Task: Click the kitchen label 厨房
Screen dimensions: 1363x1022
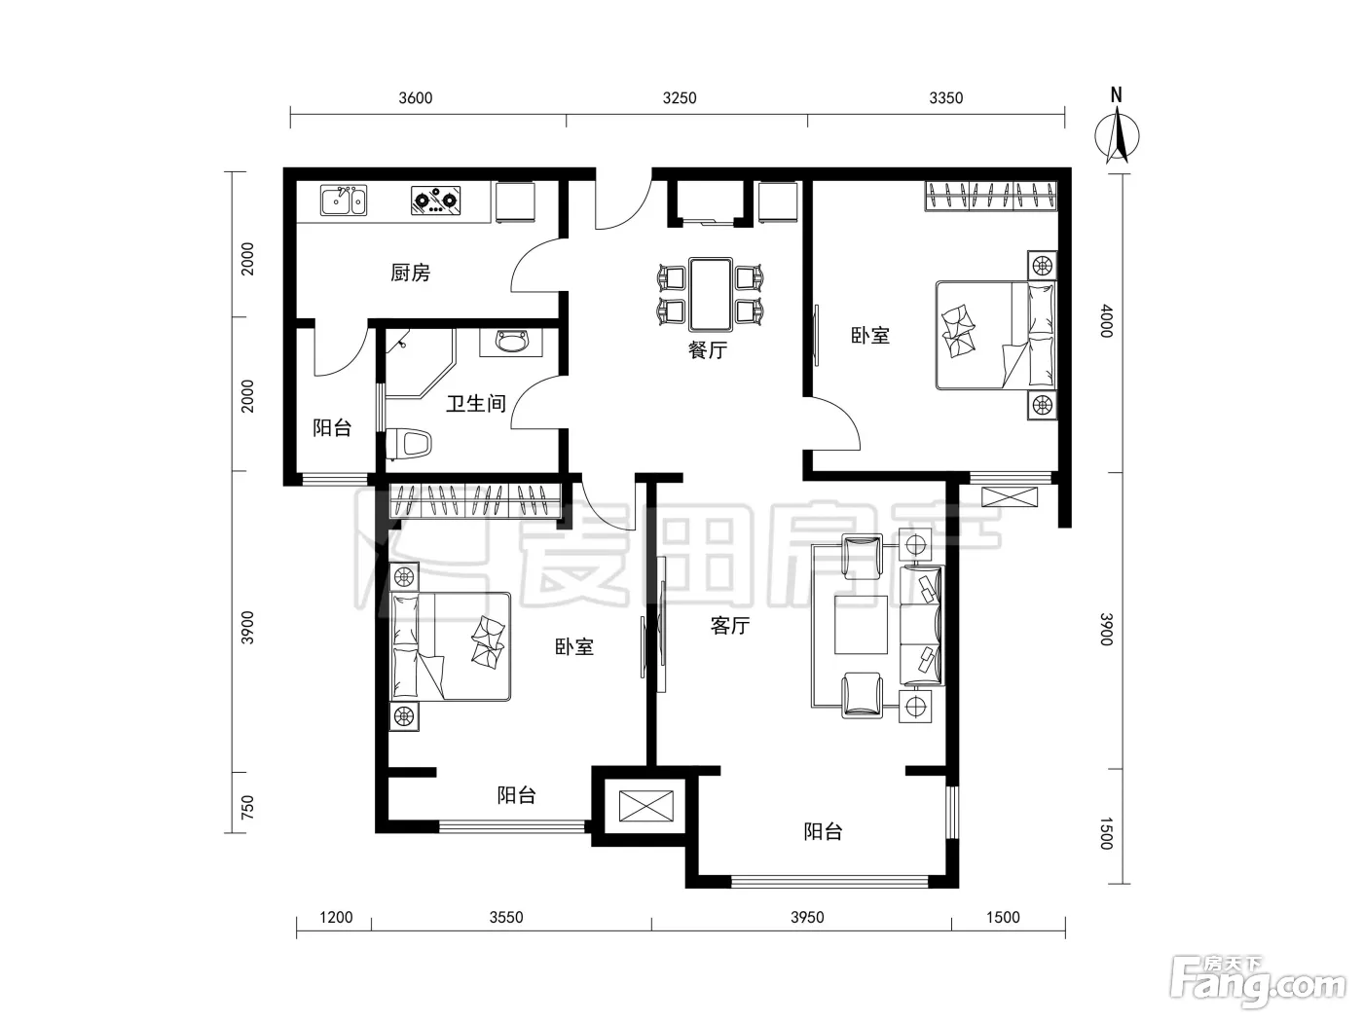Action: click(x=410, y=273)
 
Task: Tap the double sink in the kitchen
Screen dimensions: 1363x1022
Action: click(x=344, y=200)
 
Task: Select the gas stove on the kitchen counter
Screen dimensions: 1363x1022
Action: click(x=436, y=200)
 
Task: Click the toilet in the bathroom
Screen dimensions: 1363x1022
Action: click(x=409, y=444)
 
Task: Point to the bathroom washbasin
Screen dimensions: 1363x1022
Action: click(x=510, y=342)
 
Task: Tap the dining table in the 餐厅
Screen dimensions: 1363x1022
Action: click(x=711, y=295)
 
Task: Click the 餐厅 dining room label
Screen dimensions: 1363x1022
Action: click(x=707, y=350)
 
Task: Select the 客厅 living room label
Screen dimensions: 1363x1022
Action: click(x=730, y=626)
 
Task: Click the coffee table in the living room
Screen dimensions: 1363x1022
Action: click(x=861, y=625)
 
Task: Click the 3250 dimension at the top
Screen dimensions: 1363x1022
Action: click(x=680, y=98)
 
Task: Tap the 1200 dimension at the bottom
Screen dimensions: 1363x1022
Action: click(x=336, y=917)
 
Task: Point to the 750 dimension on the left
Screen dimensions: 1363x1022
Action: click(x=247, y=807)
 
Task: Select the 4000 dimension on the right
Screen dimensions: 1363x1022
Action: click(x=1107, y=321)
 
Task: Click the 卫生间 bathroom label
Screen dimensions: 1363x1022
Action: click(x=476, y=403)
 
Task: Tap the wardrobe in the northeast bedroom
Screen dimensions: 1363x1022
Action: click(x=991, y=196)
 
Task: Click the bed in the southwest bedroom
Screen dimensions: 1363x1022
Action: click(x=450, y=646)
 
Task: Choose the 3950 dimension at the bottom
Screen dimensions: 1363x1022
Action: click(x=807, y=917)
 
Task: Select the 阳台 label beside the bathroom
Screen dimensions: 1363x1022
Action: click(x=332, y=427)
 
